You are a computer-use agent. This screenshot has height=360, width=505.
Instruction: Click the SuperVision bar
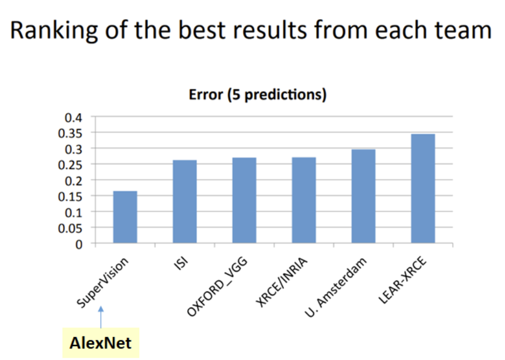tap(125, 217)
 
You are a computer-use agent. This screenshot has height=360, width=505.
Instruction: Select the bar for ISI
tap(185, 202)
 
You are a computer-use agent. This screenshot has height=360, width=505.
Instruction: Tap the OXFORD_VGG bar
tap(244, 200)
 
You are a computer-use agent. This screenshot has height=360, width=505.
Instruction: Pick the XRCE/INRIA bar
tap(304, 200)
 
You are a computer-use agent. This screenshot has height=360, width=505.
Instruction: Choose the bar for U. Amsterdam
tap(363, 196)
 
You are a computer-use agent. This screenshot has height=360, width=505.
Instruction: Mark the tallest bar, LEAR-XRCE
tap(423, 188)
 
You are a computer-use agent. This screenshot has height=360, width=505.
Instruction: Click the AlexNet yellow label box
tap(101, 343)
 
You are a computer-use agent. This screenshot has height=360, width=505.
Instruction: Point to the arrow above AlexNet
tap(101, 317)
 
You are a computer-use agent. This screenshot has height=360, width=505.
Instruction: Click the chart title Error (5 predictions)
tap(257, 95)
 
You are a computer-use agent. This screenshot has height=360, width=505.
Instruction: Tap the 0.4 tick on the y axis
tap(74, 118)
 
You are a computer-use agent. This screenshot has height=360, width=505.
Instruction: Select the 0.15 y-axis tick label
tap(70, 197)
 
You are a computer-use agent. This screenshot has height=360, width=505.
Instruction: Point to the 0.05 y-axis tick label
tap(70, 228)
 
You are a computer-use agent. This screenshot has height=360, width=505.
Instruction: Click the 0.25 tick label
tap(70, 166)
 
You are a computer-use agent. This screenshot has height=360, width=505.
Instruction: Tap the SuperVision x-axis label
tap(103, 282)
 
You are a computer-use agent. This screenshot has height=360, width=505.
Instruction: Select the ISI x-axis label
tap(181, 263)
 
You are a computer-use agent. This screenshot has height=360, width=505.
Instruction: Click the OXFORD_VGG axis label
tap(217, 286)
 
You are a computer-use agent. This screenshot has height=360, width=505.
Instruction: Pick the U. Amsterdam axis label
tap(336, 287)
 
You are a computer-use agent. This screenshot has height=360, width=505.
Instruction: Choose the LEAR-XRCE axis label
tap(402, 280)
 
